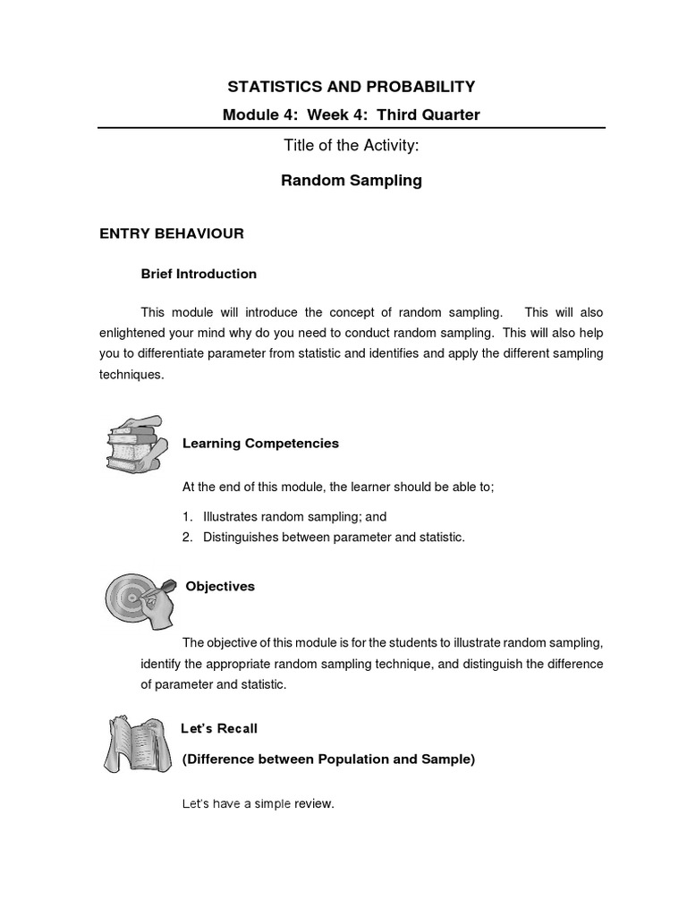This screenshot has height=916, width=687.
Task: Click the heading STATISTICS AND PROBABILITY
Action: point(351,87)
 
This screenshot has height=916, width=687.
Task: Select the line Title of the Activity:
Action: point(351,147)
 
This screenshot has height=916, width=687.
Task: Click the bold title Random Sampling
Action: point(351,181)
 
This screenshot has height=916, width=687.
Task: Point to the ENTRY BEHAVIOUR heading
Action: point(171,233)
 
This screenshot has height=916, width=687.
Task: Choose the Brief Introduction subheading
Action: point(199,274)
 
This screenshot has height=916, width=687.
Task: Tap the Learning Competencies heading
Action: point(260,443)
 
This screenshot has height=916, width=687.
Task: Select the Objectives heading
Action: point(220,587)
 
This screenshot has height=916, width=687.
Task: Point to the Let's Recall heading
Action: point(219,729)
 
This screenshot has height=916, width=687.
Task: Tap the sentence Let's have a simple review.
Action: point(258,804)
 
